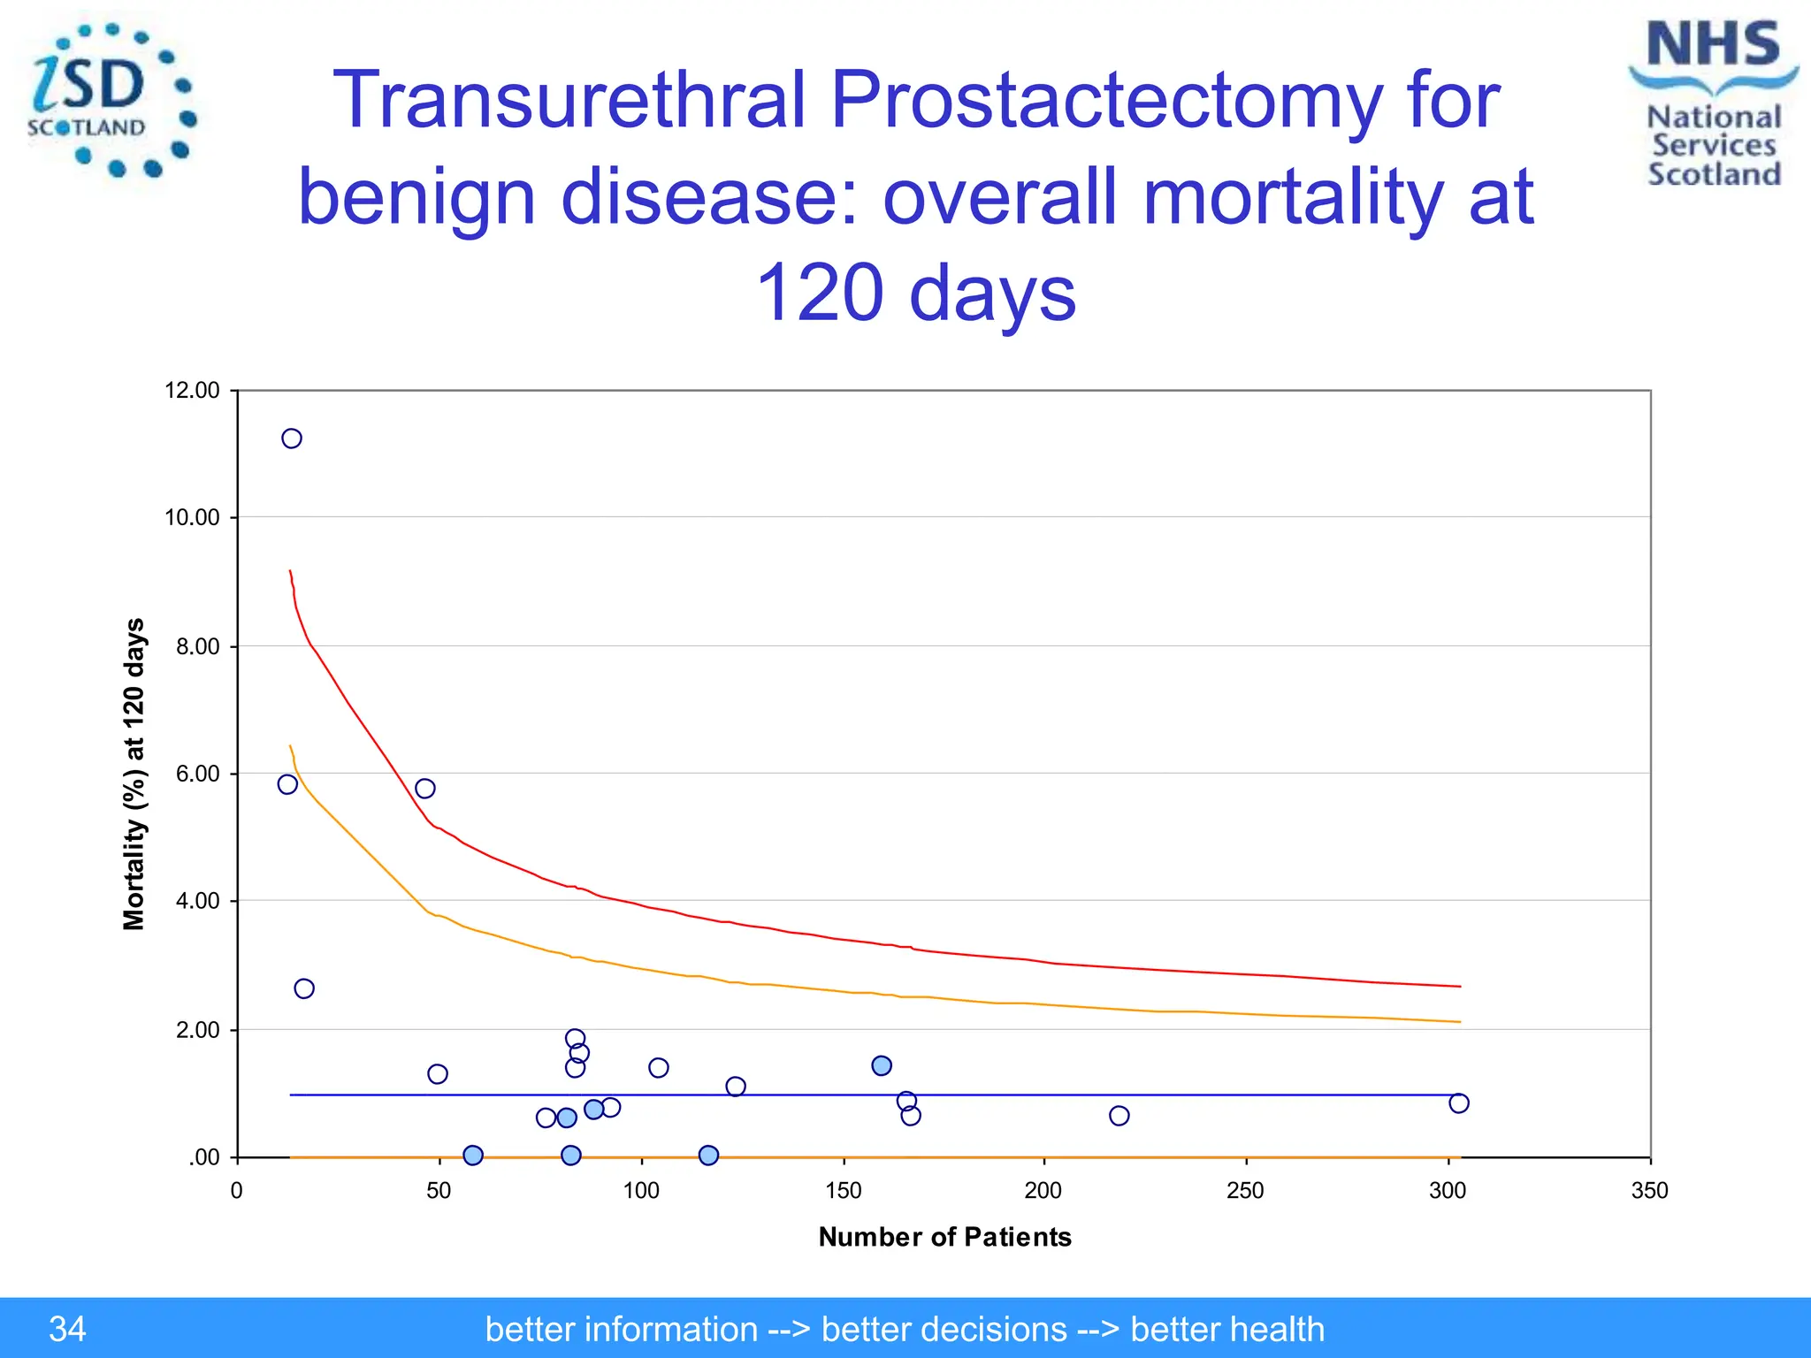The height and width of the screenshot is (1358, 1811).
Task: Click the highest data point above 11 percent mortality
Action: (292, 439)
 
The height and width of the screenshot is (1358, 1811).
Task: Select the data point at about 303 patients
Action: (1459, 1102)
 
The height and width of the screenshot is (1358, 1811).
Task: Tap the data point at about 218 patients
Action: (1119, 1116)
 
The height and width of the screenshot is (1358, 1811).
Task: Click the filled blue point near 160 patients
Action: (882, 1065)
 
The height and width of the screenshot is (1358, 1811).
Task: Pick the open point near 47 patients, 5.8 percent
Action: (425, 789)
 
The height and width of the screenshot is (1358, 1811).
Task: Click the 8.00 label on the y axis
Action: (197, 646)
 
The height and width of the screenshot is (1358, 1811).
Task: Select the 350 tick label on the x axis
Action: (1649, 1191)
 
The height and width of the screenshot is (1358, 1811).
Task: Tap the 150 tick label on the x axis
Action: (843, 1191)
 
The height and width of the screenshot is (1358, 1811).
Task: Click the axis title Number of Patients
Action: (944, 1237)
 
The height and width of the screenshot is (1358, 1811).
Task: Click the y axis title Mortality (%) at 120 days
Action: (134, 774)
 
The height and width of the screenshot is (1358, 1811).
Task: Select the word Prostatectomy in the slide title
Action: (1105, 99)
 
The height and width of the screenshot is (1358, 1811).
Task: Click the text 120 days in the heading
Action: (916, 293)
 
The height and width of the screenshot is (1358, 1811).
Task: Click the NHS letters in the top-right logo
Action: (1713, 44)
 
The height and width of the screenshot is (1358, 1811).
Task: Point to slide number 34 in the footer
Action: (67, 1329)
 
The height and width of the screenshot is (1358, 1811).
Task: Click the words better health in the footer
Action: (1226, 1329)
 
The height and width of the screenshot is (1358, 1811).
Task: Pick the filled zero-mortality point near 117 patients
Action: (708, 1156)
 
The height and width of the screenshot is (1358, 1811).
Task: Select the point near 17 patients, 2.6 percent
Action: (304, 988)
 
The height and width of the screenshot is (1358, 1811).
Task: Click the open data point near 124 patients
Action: (736, 1087)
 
